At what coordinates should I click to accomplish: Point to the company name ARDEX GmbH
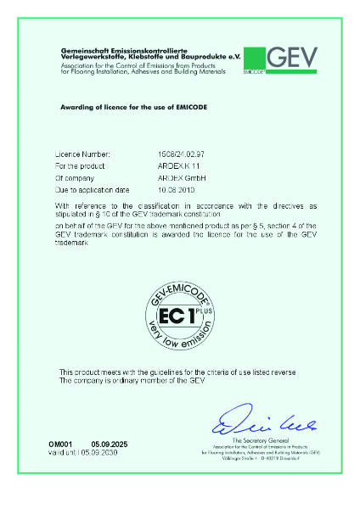[x=170, y=178]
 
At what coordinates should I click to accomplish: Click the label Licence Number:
[x=82, y=156]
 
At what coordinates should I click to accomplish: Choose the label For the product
[x=79, y=167]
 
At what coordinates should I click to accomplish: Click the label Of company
[x=76, y=178]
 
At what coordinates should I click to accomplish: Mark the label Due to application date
[x=92, y=189]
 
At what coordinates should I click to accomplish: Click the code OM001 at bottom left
[x=60, y=445]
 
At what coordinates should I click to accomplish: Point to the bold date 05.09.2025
[x=109, y=445]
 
